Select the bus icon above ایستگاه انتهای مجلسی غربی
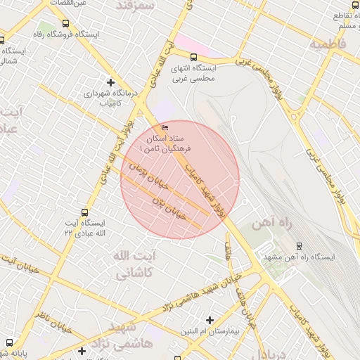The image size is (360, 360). tap(193, 58)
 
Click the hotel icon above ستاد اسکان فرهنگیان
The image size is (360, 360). tap(165, 127)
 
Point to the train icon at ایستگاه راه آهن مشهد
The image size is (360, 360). tap(299, 246)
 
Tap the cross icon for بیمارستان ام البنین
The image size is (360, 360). tap(210, 320)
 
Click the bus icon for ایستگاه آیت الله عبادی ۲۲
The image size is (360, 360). tap(85, 212)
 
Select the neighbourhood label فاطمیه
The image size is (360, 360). tap(328, 43)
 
